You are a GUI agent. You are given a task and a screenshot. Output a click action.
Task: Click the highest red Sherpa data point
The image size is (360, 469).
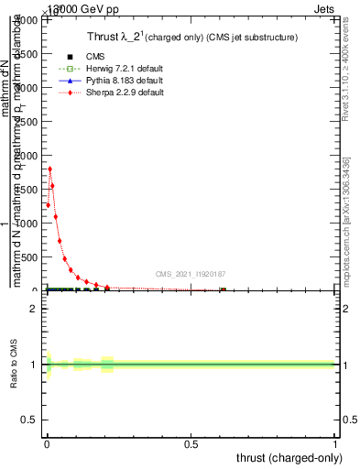pos(49,169)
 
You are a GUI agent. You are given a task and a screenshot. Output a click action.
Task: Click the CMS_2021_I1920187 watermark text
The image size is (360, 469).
pos(190,274)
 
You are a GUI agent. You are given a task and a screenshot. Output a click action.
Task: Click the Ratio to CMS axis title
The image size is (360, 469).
pos(16,365)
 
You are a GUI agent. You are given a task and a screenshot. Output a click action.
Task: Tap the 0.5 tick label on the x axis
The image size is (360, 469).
pos(191,444)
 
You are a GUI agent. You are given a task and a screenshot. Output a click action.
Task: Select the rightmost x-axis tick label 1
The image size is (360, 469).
pos(336,444)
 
